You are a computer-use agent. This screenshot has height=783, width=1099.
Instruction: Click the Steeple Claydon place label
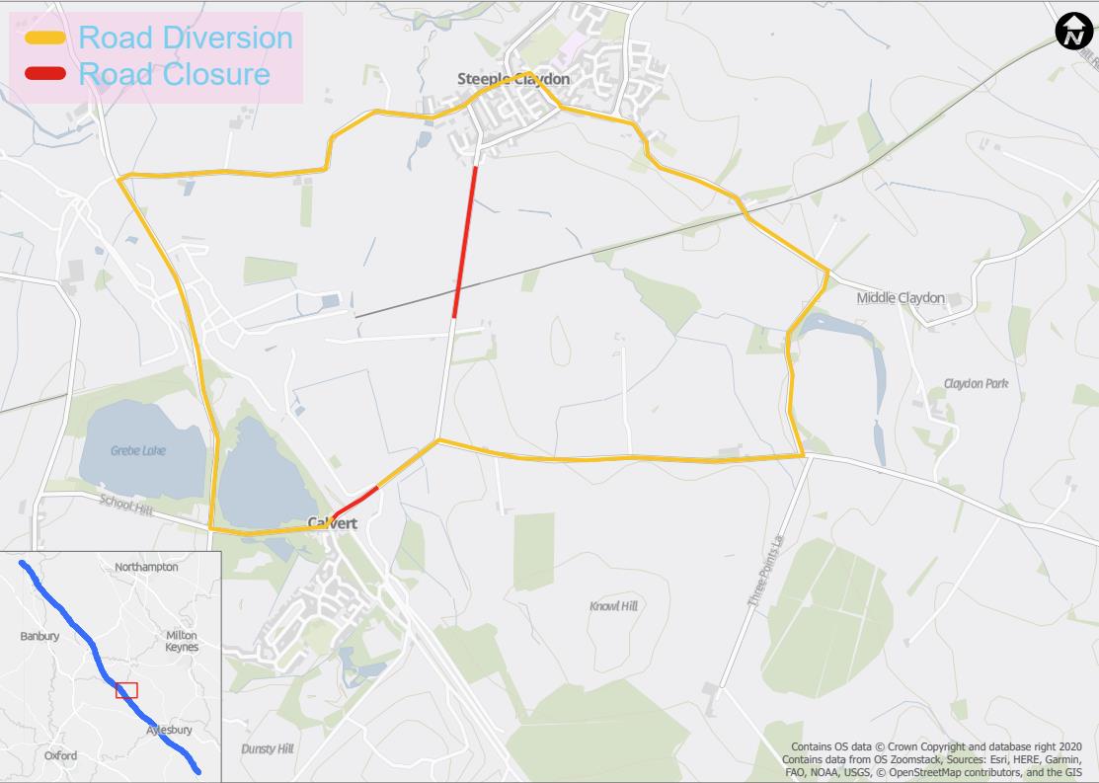[513, 79]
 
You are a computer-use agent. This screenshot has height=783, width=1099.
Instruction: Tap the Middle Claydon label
[901, 298]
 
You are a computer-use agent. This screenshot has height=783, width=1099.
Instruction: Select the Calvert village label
[332, 523]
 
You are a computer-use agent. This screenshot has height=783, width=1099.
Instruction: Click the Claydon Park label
[976, 383]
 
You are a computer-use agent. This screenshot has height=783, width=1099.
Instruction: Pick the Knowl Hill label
[613, 605]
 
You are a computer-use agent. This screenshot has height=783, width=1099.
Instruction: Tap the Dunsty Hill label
[268, 749]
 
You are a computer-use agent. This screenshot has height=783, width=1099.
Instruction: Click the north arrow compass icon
[1072, 32]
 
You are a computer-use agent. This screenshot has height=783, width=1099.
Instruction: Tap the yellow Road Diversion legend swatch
[45, 39]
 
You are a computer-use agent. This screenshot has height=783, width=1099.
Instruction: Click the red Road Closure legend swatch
[45, 74]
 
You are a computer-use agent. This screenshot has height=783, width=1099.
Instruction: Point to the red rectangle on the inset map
[126, 690]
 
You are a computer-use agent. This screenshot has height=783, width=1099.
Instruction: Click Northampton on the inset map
[146, 568]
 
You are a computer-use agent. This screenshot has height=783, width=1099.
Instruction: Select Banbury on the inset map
[39, 637]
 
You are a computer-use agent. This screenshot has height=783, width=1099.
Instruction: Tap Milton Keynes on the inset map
[182, 641]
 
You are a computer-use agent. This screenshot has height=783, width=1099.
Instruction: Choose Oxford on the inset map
[60, 756]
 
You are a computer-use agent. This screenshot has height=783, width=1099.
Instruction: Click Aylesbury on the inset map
[169, 730]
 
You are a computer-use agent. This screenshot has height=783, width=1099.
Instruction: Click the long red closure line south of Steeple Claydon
[465, 242]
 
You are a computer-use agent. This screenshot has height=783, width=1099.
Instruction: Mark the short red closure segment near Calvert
[354, 502]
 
